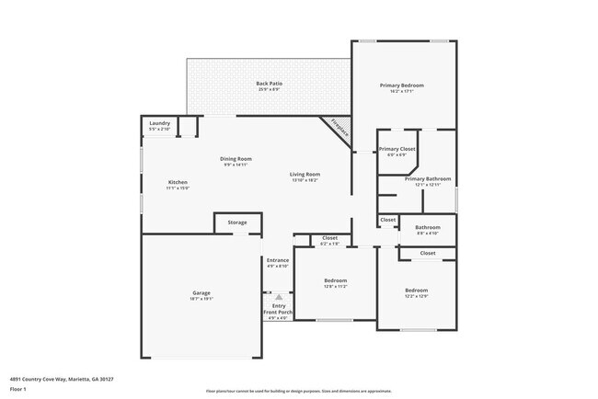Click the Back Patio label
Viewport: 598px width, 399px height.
tap(269, 84)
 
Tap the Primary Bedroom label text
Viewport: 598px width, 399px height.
tap(402, 85)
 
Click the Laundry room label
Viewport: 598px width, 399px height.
tap(159, 123)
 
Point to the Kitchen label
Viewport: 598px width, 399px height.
tap(178, 182)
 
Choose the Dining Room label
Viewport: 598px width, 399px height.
tap(236, 159)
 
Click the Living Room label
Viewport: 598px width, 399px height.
tap(305, 174)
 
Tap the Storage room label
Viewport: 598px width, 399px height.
tap(237, 222)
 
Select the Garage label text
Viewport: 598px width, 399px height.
tap(201, 293)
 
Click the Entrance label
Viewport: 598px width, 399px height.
tap(278, 260)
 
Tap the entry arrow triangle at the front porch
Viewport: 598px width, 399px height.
tap(278, 297)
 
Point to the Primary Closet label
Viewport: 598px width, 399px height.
tap(397, 149)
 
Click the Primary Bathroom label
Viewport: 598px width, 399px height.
tap(428, 178)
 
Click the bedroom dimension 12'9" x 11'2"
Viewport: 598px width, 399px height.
tap(335, 286)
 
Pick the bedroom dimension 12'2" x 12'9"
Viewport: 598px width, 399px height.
tap(417, 296)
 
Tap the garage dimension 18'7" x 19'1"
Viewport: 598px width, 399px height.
tap(201, 299)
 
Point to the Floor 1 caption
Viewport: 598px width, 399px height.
tap(17, 390)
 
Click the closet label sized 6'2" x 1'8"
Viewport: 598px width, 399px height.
tap(329, 244)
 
